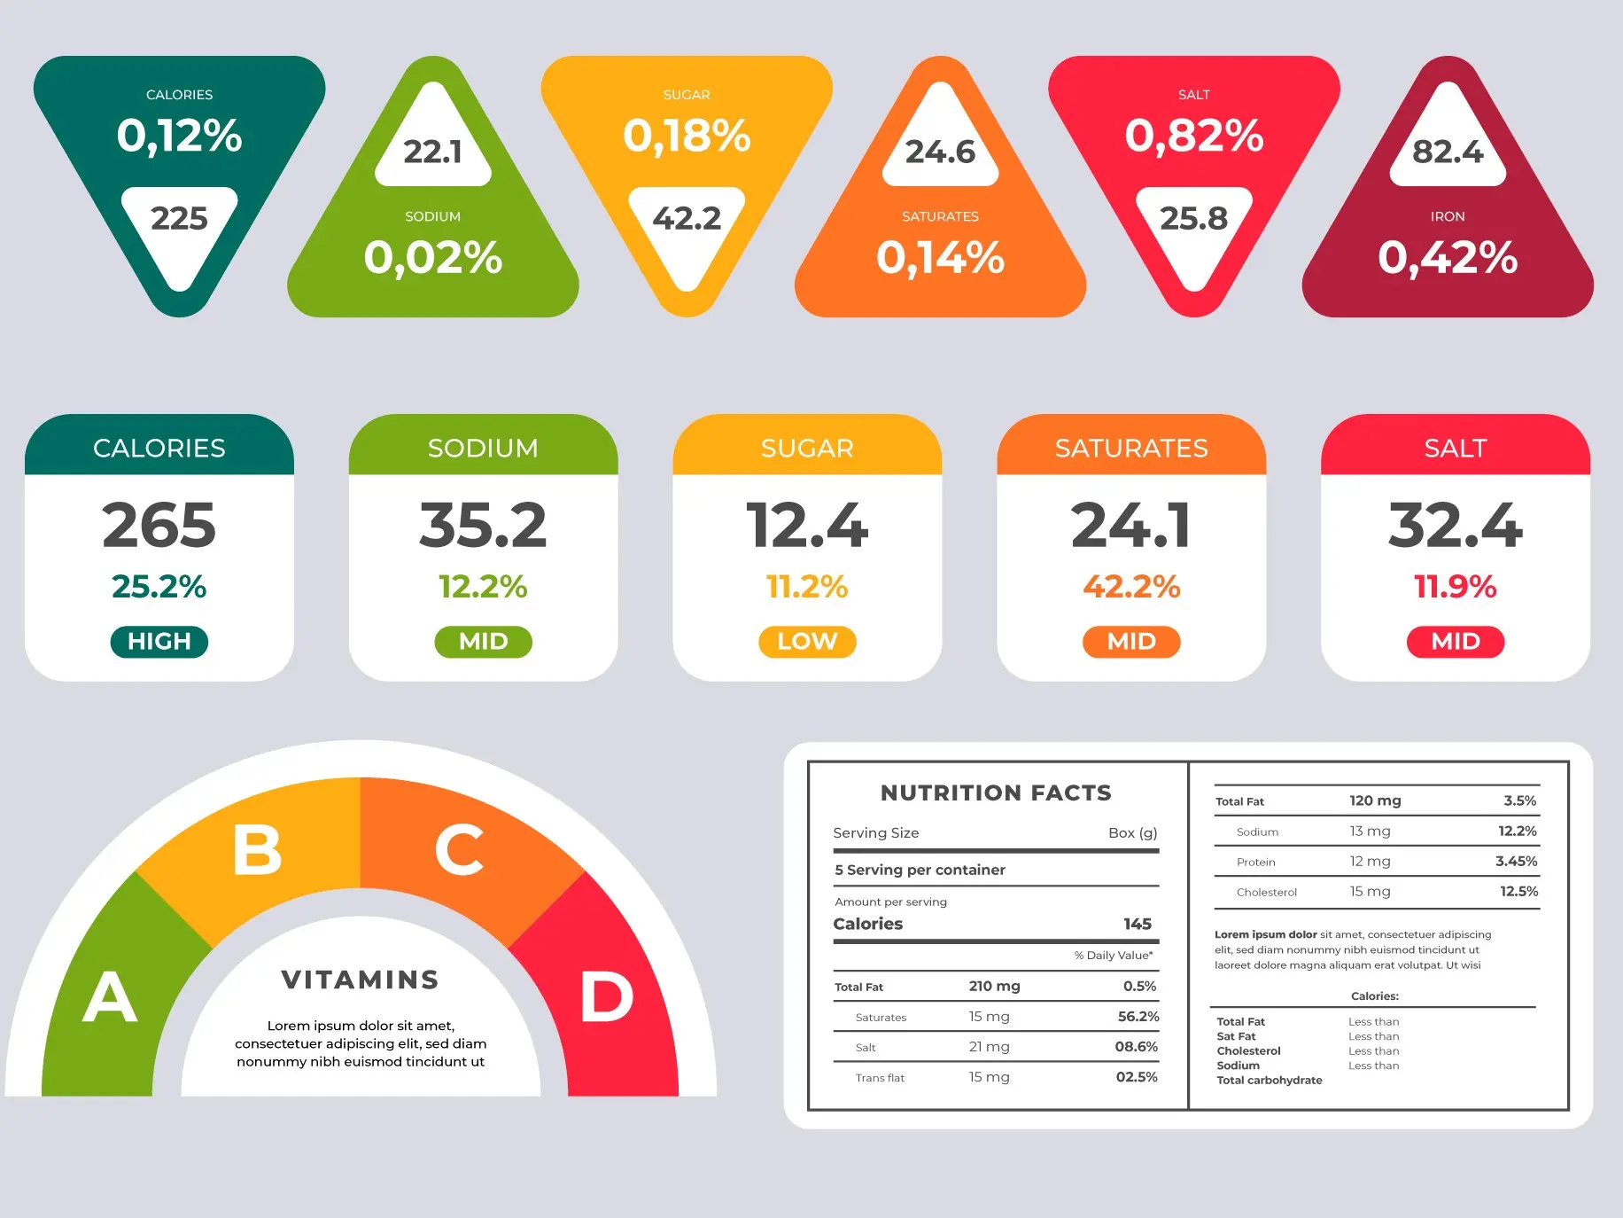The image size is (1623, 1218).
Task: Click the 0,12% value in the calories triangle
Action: [x=179, y=136]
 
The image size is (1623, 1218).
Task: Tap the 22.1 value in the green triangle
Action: [x=432, y=152]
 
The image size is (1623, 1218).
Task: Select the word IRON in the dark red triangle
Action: [x=1448, y=216]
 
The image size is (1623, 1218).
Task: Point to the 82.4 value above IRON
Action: [x=1448, y=152]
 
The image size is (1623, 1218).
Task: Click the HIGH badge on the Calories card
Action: [x=159, y=641]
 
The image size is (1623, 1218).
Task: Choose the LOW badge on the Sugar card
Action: [x=807, y=641]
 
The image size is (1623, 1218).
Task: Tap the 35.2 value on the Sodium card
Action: [x=483, y=525]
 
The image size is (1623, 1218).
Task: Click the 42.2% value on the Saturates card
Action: [x=1131, y=586]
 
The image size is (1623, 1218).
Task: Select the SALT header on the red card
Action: [x=1455, y=448]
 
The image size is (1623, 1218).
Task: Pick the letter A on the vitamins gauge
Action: [x=110, y=996]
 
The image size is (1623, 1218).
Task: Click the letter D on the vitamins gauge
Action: [x=607, y=996]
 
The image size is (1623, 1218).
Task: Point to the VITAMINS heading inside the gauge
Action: [x=361, y=980]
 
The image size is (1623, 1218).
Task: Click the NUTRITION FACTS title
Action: [x=996, y=792]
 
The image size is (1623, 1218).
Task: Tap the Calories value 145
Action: [x=1138, y=924]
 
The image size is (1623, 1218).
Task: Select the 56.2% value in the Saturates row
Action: [x=1138, y=1017]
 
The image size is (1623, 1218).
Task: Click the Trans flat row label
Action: [x=880, y=1078]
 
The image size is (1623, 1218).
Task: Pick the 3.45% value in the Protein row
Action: [x=1516, y=861]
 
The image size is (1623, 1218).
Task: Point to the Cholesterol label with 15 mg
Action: [x=1266, y=892]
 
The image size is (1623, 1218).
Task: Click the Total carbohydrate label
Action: [x=1269, y=1080]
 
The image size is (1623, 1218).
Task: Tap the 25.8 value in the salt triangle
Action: [x=1193, y=218]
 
